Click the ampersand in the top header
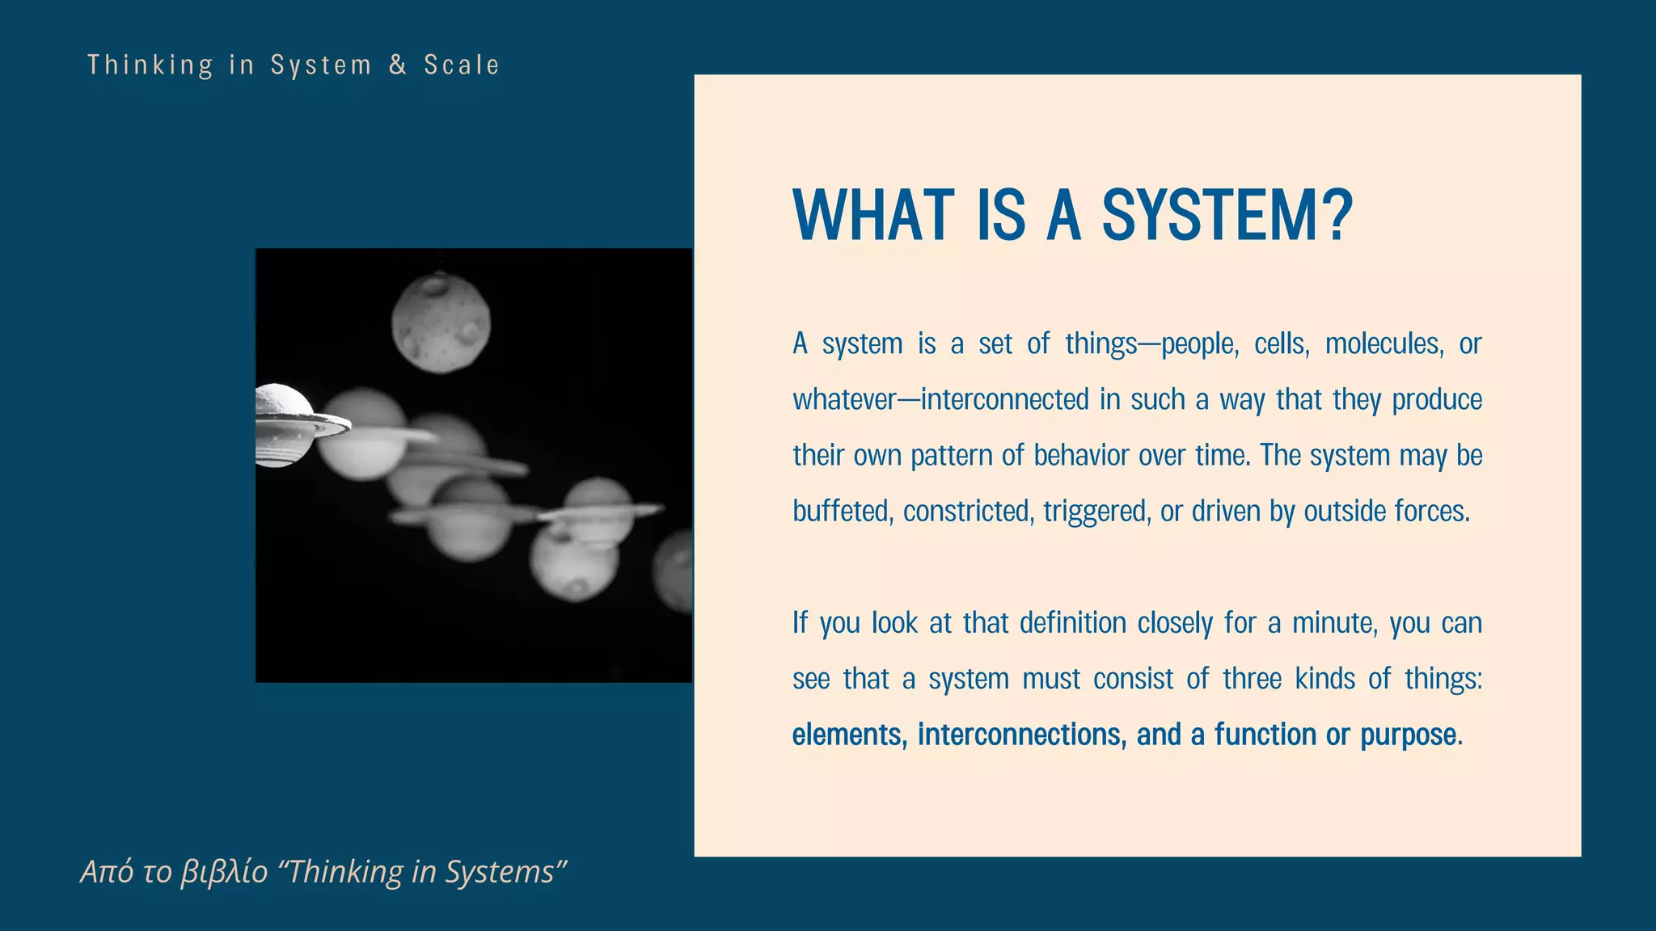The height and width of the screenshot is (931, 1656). coord(398,65)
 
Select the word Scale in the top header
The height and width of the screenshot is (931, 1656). coord(462,65)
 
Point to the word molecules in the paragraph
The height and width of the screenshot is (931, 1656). coord(1384,344)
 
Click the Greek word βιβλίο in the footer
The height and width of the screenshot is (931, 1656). coord(224,872)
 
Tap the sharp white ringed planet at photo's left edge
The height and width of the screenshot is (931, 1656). coord(287,425)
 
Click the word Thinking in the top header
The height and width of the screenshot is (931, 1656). coord(150,65)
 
